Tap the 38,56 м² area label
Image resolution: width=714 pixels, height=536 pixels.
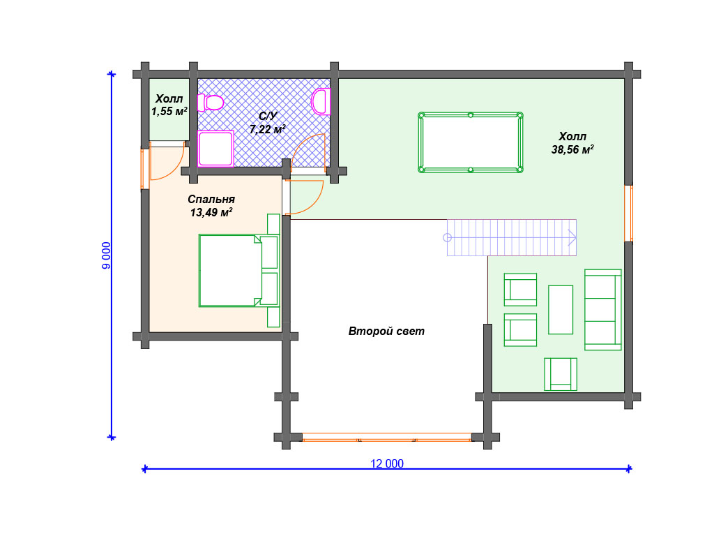[x=572, y=149]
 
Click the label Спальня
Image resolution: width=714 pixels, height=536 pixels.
[x=211, y=199]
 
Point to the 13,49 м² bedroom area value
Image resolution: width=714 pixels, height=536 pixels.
[x=211, y=212]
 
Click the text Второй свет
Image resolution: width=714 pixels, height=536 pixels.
[x=386, y=332]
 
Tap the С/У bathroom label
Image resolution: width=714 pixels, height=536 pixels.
[x=268, y=117]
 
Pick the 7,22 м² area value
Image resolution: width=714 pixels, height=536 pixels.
[x=268, y=129]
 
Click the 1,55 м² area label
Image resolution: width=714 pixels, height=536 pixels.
[x=169, y=111]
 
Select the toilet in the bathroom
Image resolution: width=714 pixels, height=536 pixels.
[x=210, y=103]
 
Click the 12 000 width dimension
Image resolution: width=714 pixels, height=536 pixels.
[x=386, y=463]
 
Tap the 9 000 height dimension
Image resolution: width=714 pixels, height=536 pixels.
[x=106, y=255]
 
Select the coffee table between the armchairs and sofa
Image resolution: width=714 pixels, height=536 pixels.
[x=561, y=310]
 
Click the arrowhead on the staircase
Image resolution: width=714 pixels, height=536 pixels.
[x=572, y=237]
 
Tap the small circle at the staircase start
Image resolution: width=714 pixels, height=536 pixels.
[x=447, y=237]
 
